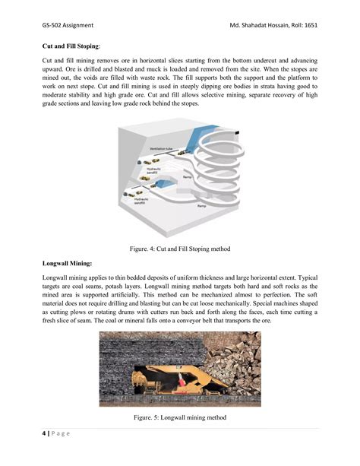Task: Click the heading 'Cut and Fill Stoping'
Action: point(68,46)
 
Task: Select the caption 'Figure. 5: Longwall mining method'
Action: point(179,417)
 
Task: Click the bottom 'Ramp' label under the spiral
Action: point(202,206)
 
